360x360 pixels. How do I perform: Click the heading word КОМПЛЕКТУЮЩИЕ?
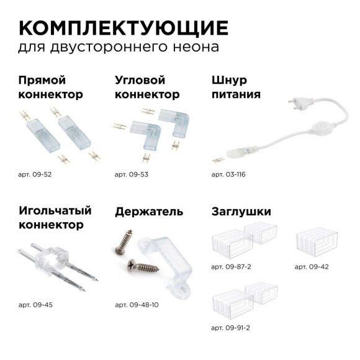coord(124,28)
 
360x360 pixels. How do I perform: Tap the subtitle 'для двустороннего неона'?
coord(118,47)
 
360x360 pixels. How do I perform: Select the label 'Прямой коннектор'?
coord(50,88)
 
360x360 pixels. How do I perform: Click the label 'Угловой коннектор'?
coord(147,88)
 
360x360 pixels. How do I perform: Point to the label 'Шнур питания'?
coord(236,88)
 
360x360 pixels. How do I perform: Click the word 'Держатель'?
coord(149,212)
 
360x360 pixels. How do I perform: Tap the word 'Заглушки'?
coord(241,212)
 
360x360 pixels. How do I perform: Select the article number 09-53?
coord(132,174)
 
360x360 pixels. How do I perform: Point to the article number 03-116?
coord(228,174)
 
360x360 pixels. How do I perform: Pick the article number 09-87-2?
coord(232,266)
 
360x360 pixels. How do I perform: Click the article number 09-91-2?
coord(232,327)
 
